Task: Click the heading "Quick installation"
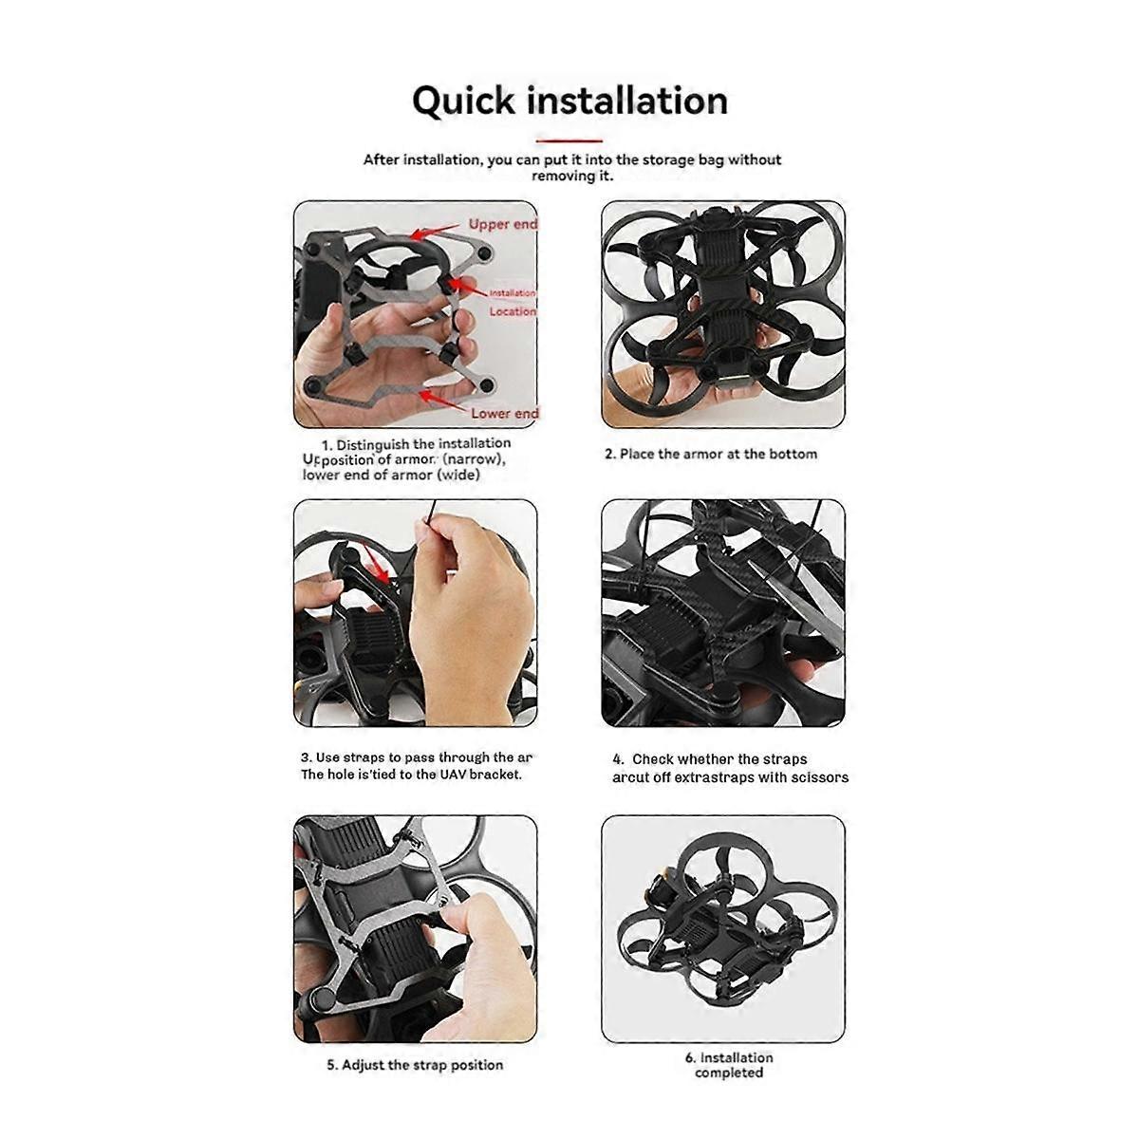pyautogui.click(x=569, y=101)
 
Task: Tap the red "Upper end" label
pyautogui.click(x=502, y=224)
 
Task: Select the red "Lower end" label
pyautogui.click(x=504, y=413)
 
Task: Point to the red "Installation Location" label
pyautogui.click(x=512, y=302)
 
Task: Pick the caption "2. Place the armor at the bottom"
pyautogui.click(x=711, y=454)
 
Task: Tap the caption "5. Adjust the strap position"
pyautogui.click(x=415, y=1065)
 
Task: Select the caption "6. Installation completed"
pyautogui.click(x=729, y=1065)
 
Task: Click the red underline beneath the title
pyautogui.click(x=569, y=140)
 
